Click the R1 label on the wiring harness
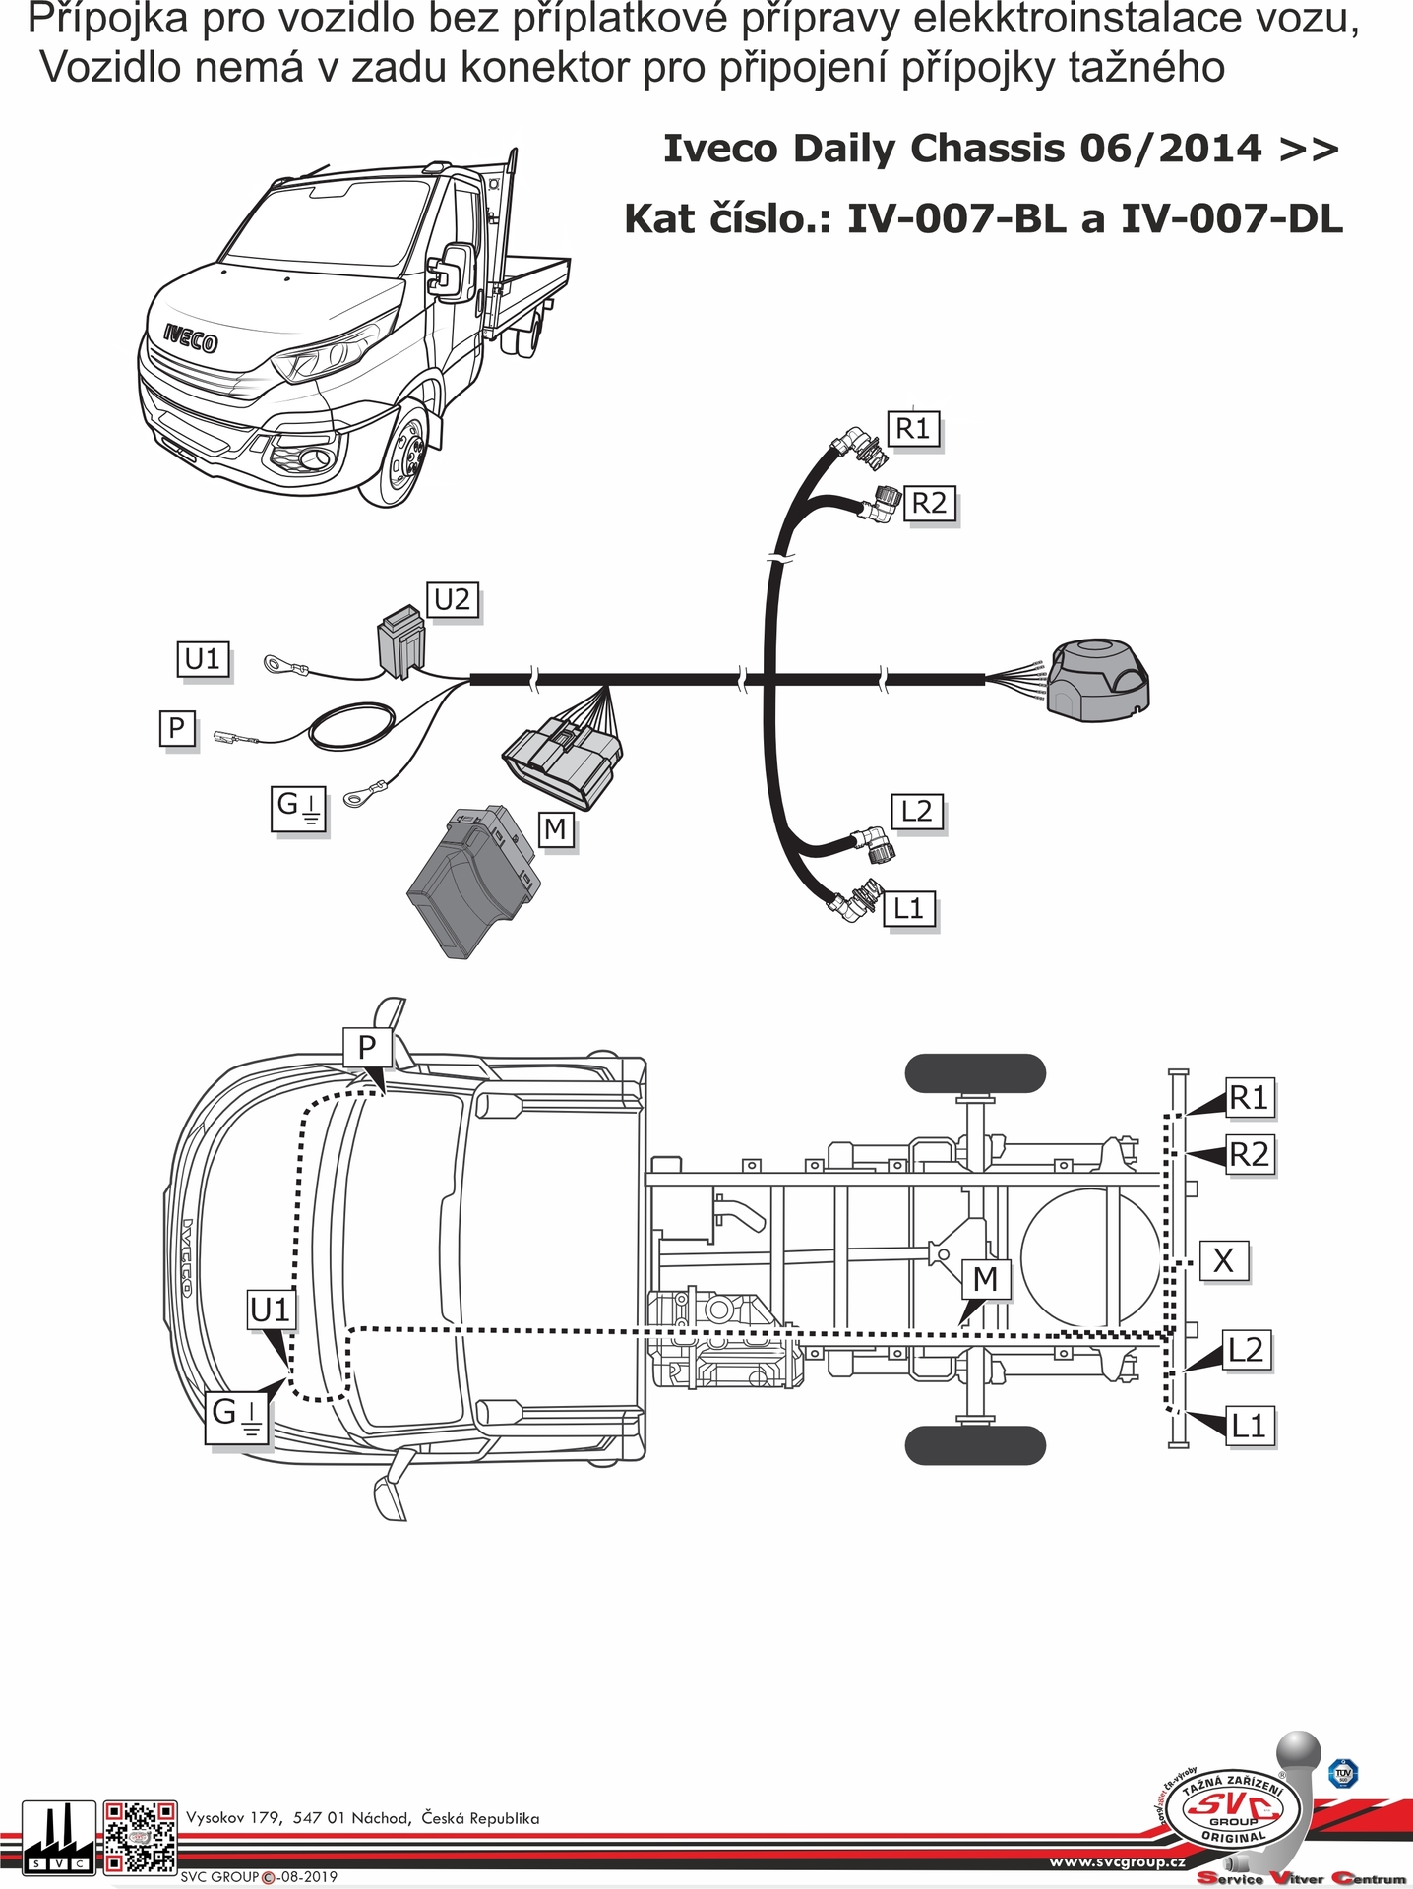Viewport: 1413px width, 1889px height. pos(913,429)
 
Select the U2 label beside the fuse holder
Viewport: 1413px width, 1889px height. pos(453,599)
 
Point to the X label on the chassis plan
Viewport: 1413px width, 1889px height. pos(1223,1260)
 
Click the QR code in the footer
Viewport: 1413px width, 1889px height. pos(141,1837)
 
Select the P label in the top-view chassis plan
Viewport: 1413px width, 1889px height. pos(367,1047)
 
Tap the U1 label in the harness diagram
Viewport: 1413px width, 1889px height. pos(204,658)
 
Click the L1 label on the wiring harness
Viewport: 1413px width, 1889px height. pos(909,908)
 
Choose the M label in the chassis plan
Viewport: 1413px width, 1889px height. pos(985,1279)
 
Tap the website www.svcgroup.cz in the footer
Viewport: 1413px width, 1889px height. pos(1117,1861)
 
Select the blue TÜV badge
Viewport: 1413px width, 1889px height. pos(1342,1773)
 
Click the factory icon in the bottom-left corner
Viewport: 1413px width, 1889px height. pos(58,1837)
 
